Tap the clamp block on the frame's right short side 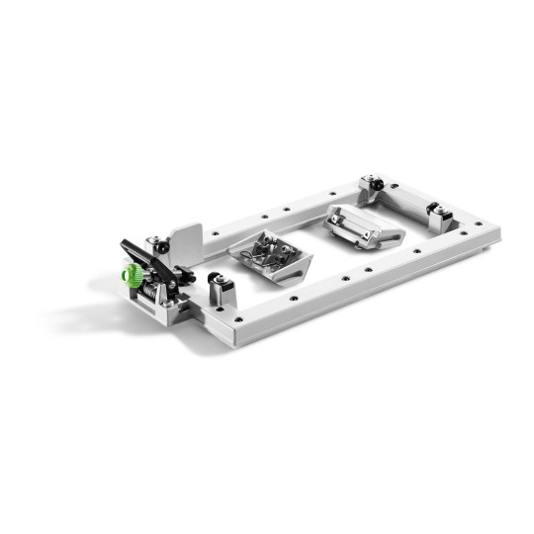439,214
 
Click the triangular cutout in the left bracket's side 293,267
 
